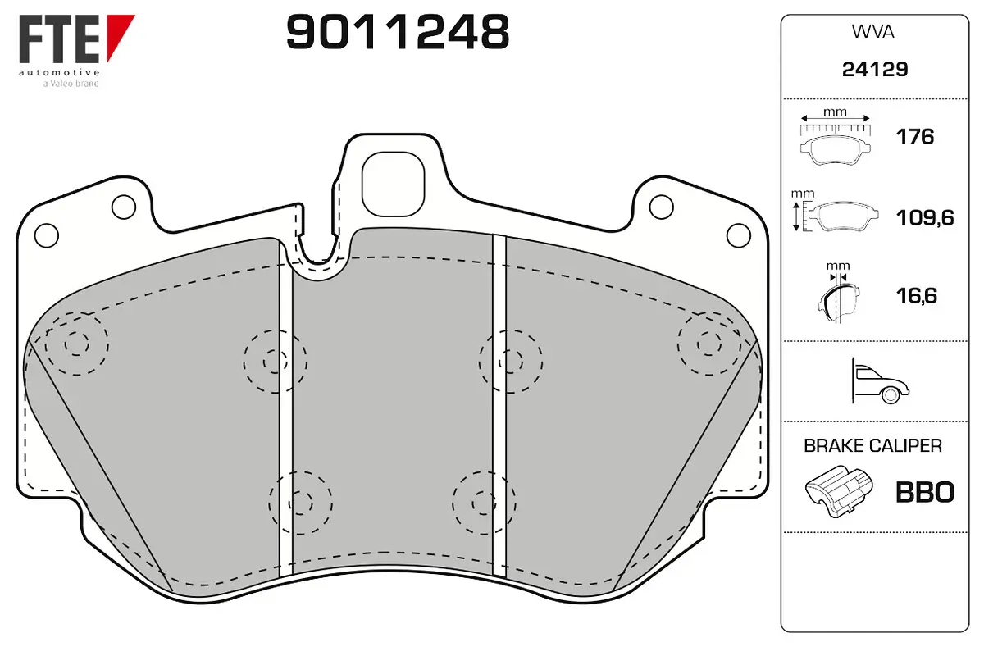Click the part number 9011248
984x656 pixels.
click(x=398, y=32)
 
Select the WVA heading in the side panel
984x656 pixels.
click(x=872, y=32)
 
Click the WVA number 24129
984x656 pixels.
click(x=875, y=70)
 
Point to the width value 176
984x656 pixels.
click(x=914, y=137)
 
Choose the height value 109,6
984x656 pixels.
click(x=925, y=218)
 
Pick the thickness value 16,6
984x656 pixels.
click(x=917, y=296)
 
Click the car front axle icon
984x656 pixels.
click(x=880, y=381)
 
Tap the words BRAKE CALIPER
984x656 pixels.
click(x=872, y=446)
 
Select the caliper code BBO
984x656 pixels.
click(x=925, y=493)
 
